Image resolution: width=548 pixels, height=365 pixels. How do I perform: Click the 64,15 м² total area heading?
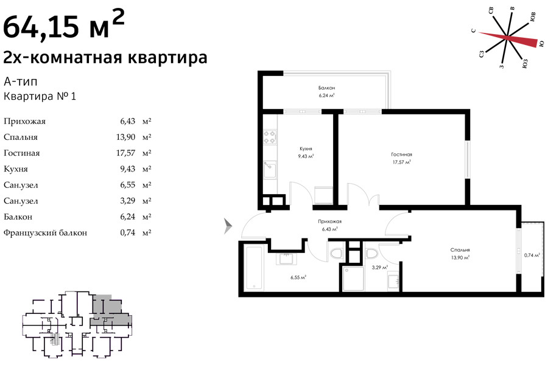(x=63, y=24)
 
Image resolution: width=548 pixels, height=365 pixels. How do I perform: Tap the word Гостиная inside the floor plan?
(x=402, y=155)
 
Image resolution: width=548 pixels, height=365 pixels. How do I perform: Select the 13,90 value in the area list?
(x=125, y=137)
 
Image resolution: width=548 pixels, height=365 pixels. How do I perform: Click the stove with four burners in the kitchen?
(x=270, y=136)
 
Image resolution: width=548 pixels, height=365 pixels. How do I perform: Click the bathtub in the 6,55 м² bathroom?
(x=254, y=268)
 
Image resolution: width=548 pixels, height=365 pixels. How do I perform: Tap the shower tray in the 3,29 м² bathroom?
(x=353, y=279)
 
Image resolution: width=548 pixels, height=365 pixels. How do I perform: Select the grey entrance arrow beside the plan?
(x=228, y=226)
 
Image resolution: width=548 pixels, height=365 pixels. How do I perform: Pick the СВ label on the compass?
(x=491, y=11)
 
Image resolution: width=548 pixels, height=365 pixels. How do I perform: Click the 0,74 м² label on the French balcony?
(x=532, y=255)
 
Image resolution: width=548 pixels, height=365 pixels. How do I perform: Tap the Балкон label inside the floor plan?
(x=326, y=88)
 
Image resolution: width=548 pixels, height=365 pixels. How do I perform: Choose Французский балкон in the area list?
(x=45, y=232)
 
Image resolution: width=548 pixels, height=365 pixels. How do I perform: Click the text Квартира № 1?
(x=40, y=96)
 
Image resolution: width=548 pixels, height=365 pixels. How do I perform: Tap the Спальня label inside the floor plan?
(x=460, y=250)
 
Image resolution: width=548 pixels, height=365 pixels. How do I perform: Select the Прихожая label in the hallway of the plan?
(x=329, y=221)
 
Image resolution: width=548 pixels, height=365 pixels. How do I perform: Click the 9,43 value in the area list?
(x=128, y=169)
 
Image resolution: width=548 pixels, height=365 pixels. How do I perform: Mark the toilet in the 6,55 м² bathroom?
(x=337, y=253)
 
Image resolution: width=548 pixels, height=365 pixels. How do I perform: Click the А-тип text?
(x=20, y=82)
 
